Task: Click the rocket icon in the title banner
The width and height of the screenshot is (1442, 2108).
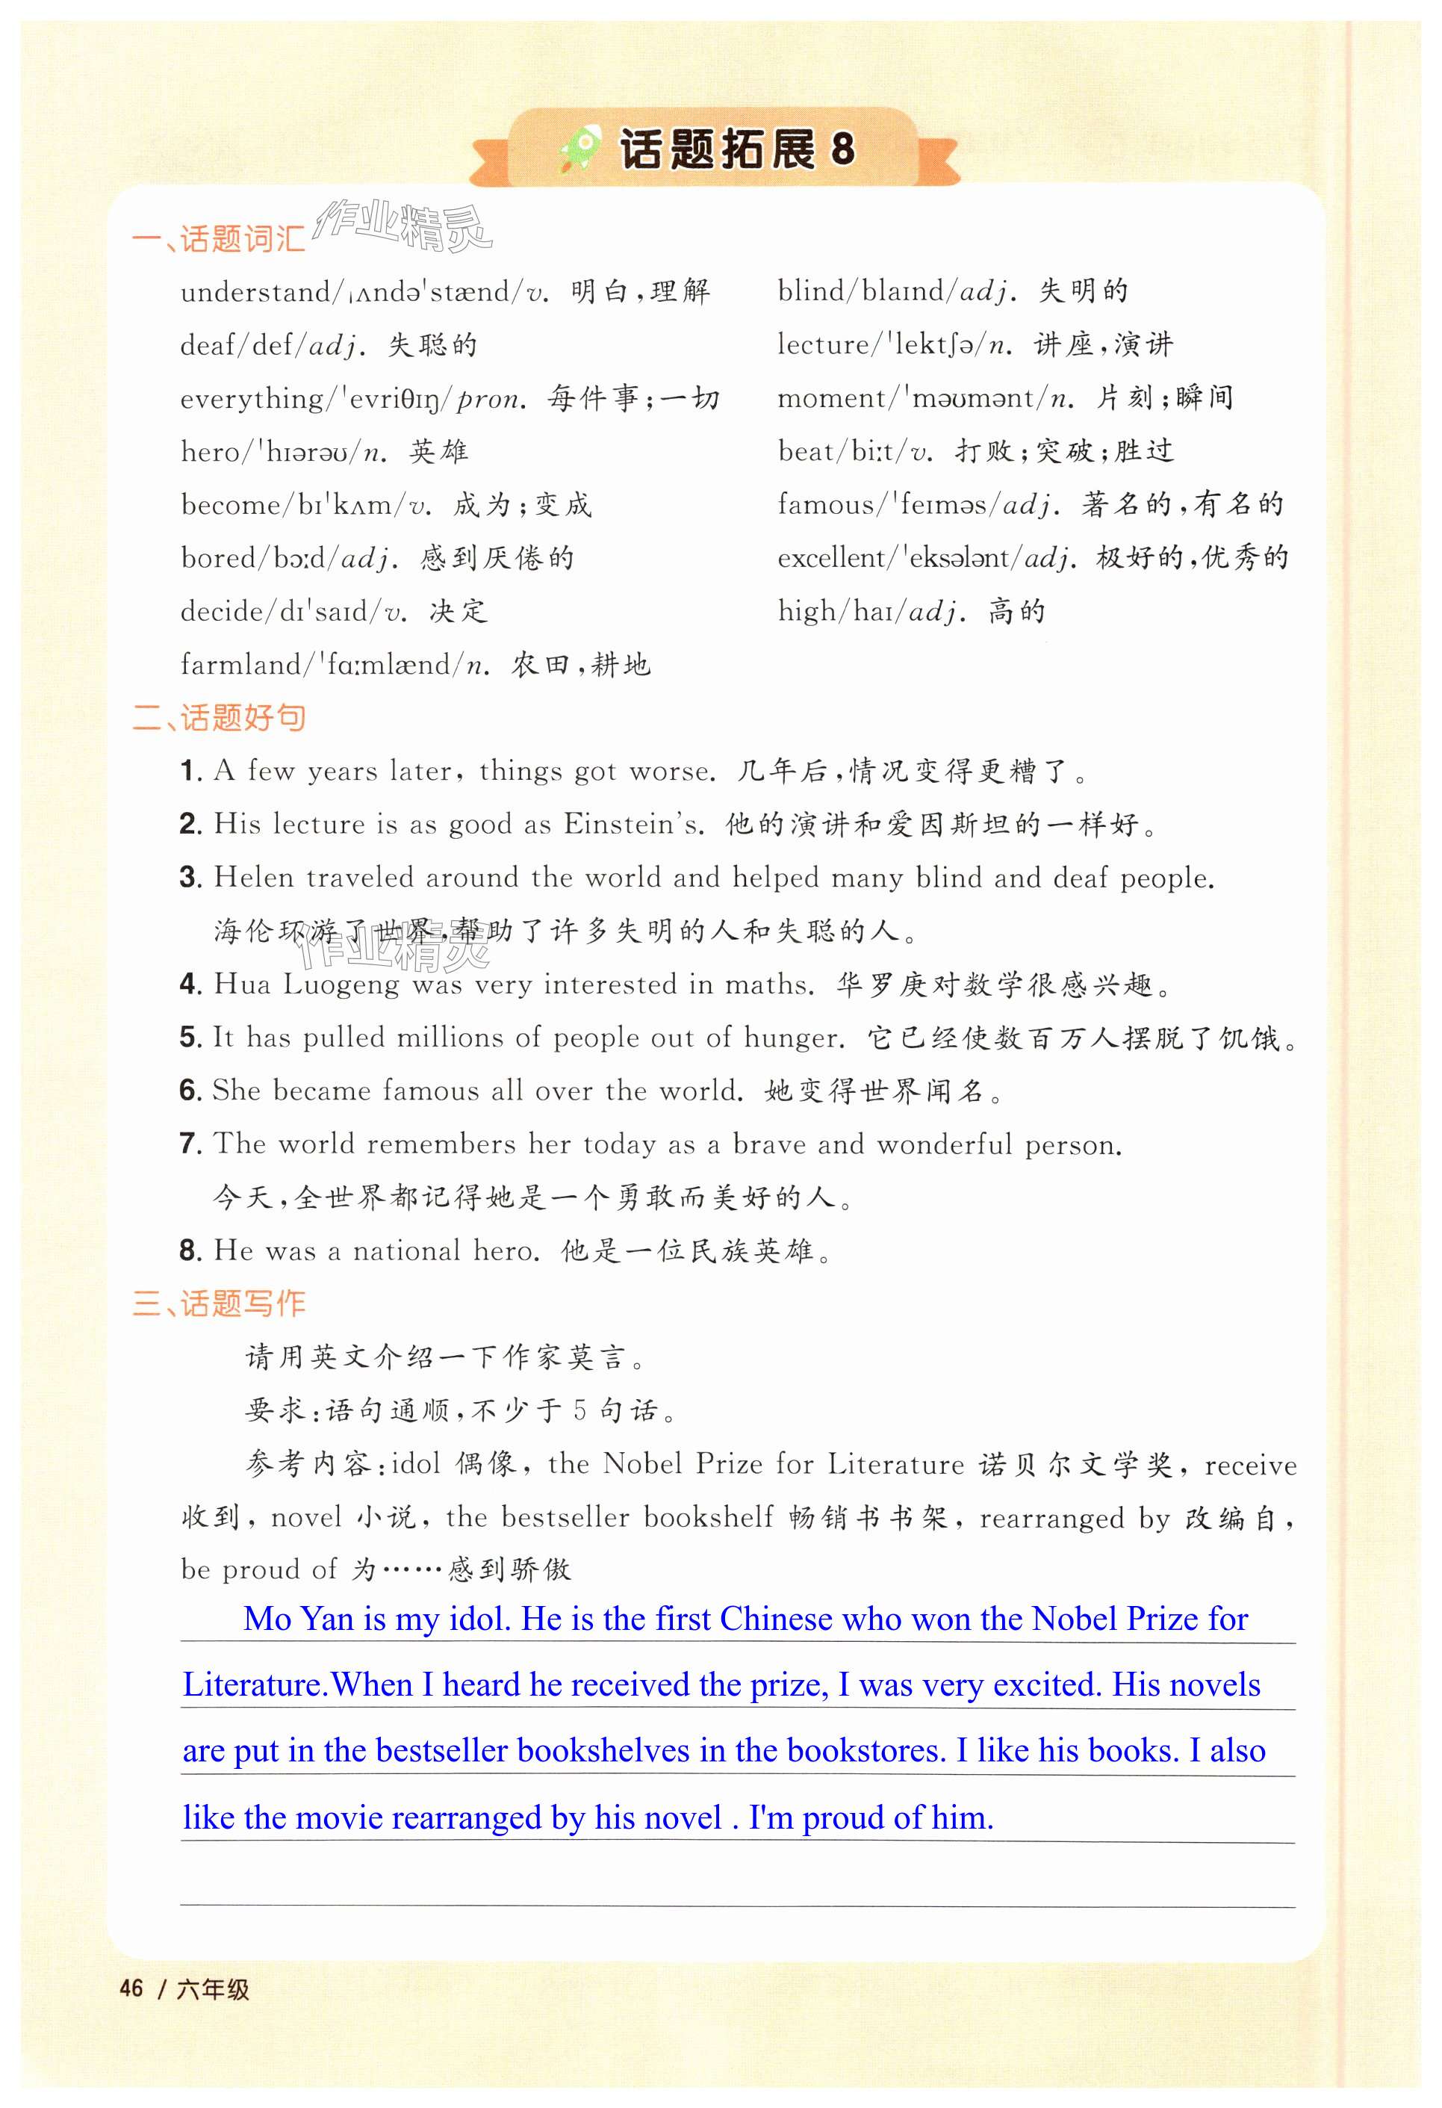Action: pos(580,148)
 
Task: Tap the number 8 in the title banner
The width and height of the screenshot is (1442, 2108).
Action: pos(842,149)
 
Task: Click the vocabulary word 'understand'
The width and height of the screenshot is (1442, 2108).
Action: pos(255,292)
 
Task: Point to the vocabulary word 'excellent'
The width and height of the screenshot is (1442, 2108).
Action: pos(830,557)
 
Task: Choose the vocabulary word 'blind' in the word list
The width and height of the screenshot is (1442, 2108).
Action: pos(810,291)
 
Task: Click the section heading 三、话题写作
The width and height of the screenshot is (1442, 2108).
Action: pos(220,1303)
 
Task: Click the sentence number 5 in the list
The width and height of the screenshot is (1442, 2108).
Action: pos(190,1037)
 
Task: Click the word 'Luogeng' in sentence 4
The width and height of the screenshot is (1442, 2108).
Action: pos(340,985)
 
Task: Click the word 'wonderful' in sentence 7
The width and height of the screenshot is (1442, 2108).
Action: pos(944,1144)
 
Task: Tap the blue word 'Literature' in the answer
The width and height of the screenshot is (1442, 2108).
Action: pos(254,1685)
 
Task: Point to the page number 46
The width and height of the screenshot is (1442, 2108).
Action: pos(131,1988)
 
